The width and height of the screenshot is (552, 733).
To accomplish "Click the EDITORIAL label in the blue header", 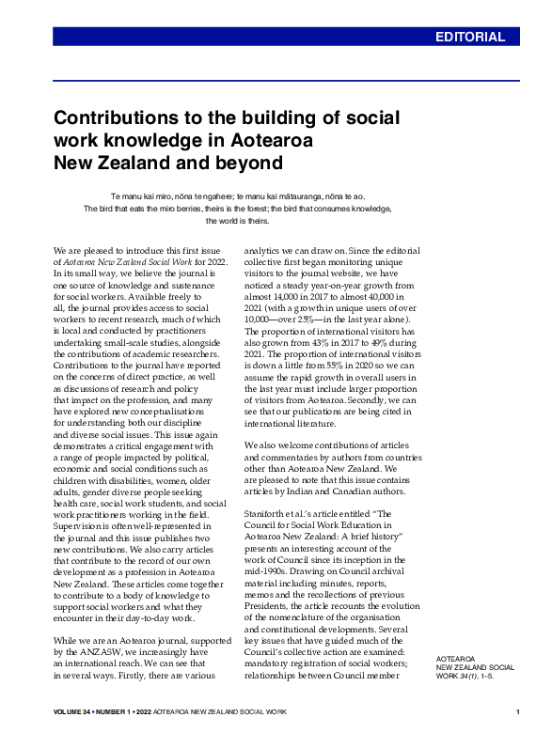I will coord(476,38).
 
